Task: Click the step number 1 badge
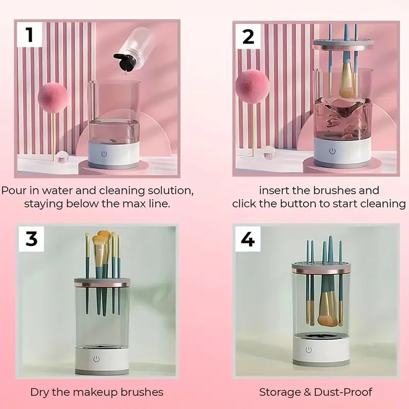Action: pyautogui.click(x=29, y=36)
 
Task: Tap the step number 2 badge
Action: pyautogui.click(x=248, y=36)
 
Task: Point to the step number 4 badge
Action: pyautogui.click(x=247, y=238)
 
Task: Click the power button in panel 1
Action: pyautogui.click(x=104, y=152)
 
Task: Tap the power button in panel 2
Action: pyautogui.click(x=333, y=151)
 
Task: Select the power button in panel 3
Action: pyautogui.click(x=96, y=359)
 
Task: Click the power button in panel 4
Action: pyautogui.click(x=308, y=350)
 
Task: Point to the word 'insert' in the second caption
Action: pyautogui.click(x=275, y=191)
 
